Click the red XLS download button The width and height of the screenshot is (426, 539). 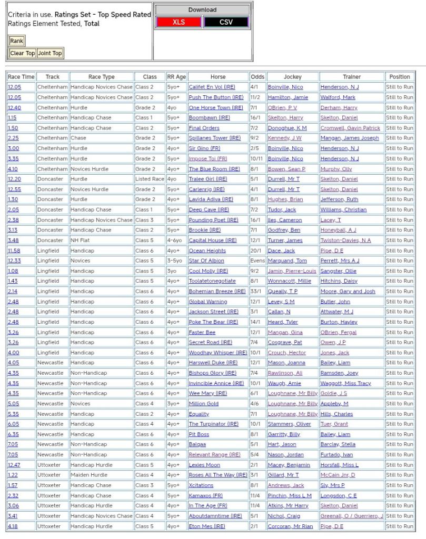pyautogui.click(x=179, y=22)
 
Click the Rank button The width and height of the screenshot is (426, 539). pyautogui.click(x=16, y=41)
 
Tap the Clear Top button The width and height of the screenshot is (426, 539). pyautogui.click(x=23, y=53)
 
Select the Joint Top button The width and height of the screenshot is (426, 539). pyautogui.click(x=49, y=53)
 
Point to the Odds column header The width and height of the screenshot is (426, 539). pyautogui.click(x=257, y=77)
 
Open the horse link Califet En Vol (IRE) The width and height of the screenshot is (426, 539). pyautogui.click(x=212, y=87)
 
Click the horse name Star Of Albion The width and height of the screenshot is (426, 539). pyautogui.click(x=206, y=261)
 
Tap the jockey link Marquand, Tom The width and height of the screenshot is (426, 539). pyautogui.click(x=287, y=261)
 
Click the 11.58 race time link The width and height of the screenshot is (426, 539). pyautogui.click(x=14, y=251)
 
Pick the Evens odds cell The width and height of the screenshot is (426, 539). pyautogui.click(x=257, y=261)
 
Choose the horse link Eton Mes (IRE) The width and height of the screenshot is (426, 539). pyautogui.click(x=206, y=526)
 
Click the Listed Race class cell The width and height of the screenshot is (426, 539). pyautogui.click(x=150, y=179)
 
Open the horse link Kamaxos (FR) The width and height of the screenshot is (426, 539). pyautogui.click(x=206, y=496)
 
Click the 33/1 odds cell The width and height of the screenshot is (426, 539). pyautogui.click(x=257, y=292)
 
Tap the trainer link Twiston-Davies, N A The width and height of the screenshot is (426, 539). pyautogui.click(x=345, y=241)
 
